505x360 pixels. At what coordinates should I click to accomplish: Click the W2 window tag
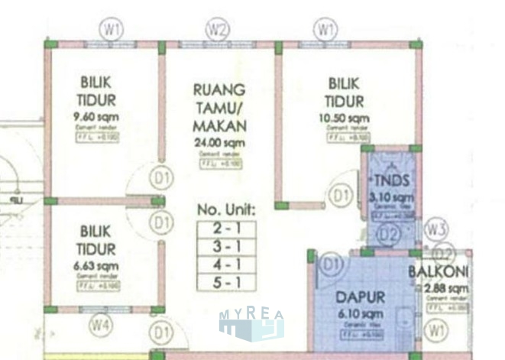point(218,31)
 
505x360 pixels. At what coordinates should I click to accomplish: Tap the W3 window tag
point(436,229)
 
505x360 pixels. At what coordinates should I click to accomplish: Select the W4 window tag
point(100,326)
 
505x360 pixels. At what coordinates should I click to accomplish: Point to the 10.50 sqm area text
point(348,118)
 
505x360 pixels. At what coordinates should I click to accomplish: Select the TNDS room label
point(394,181)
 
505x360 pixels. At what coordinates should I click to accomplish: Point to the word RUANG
point(219,90)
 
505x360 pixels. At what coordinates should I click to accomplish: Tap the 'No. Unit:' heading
point(226,209)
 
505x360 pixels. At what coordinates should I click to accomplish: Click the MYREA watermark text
point(251,315)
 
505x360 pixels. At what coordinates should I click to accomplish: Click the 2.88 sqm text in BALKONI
point(445,288)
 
